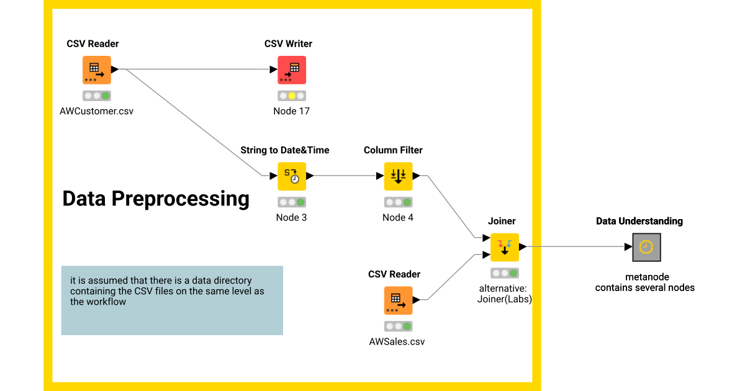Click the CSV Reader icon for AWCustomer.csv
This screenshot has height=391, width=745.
tap(96, 70)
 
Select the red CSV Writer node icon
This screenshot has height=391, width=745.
tap(291, 70)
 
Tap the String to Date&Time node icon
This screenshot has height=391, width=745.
tap(291, 176)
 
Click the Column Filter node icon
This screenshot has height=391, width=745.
tap(398, 176)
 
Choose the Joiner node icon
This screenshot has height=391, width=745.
tap(504, 247)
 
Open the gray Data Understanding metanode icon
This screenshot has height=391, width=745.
tap(646, 247)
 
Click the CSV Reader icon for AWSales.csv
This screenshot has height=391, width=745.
tap(398, 300)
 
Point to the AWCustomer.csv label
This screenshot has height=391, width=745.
tap(96, 112)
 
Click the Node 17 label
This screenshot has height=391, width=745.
tap(291, 112)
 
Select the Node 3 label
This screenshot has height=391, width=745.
tap(291, 218)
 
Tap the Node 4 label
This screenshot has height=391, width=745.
tap(398, 218)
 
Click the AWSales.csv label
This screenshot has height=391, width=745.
tap(397, 342)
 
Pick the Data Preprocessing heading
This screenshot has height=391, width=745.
tap(156, 199)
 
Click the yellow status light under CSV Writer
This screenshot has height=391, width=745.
tap(292, 96)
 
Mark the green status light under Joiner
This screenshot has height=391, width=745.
tap(513, 273)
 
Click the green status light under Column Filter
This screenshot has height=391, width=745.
tap(407, 202)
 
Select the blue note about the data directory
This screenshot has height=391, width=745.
tap(172, 300)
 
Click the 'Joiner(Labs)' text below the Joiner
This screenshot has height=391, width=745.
tap(504, 299)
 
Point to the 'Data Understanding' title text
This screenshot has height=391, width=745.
tap(639, 222)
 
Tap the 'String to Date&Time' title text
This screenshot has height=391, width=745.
tap(285, 150)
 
